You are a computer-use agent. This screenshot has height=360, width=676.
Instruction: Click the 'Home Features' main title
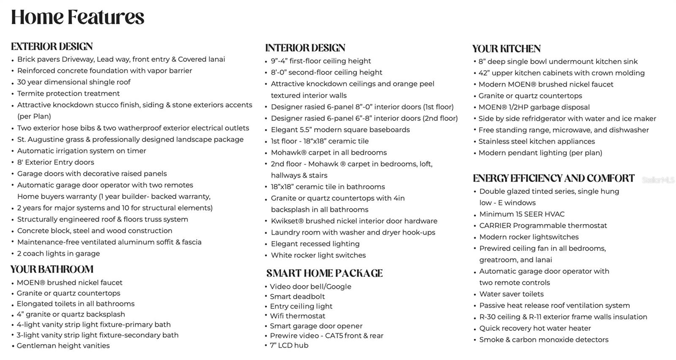click(x=78, y=17)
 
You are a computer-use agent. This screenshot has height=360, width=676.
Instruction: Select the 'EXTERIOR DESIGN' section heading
click(x=52, y=46)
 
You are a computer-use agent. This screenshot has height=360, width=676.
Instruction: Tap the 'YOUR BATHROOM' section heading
click(x=52, y=269)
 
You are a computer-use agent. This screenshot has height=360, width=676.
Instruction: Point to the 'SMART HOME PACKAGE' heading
click(x=324, y=273)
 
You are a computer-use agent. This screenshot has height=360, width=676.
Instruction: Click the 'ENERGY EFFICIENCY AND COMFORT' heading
click(x=553, y=178)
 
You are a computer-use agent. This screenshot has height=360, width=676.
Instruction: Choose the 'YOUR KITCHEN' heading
click(x=506, y=49)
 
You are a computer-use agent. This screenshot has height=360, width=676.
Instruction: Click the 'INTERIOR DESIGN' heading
click(x=305, y=48)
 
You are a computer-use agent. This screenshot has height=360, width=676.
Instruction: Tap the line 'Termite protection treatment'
click(x=68, y=93)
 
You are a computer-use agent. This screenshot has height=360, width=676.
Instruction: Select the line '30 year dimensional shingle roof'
click(x=74, y=82)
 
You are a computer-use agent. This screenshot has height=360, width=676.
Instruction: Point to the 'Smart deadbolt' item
click(x=297, y=296)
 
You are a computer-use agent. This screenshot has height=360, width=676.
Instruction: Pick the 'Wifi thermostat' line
click(x=298, y=316)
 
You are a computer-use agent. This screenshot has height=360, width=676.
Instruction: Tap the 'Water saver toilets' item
click(x=511, y=294)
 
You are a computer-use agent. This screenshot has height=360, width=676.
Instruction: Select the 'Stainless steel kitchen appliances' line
click(x=537, y=142)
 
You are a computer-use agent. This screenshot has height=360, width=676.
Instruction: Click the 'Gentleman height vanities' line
click(x=63, y=346)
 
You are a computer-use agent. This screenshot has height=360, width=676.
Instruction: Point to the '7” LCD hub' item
click(x=289, y=345)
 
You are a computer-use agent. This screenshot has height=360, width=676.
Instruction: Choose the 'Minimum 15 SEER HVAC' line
click(x=522, y=214)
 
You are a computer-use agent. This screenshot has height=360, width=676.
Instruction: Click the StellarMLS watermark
click(x=658, y=180)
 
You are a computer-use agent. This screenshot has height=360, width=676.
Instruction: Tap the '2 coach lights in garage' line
click(x=59, y=254)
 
